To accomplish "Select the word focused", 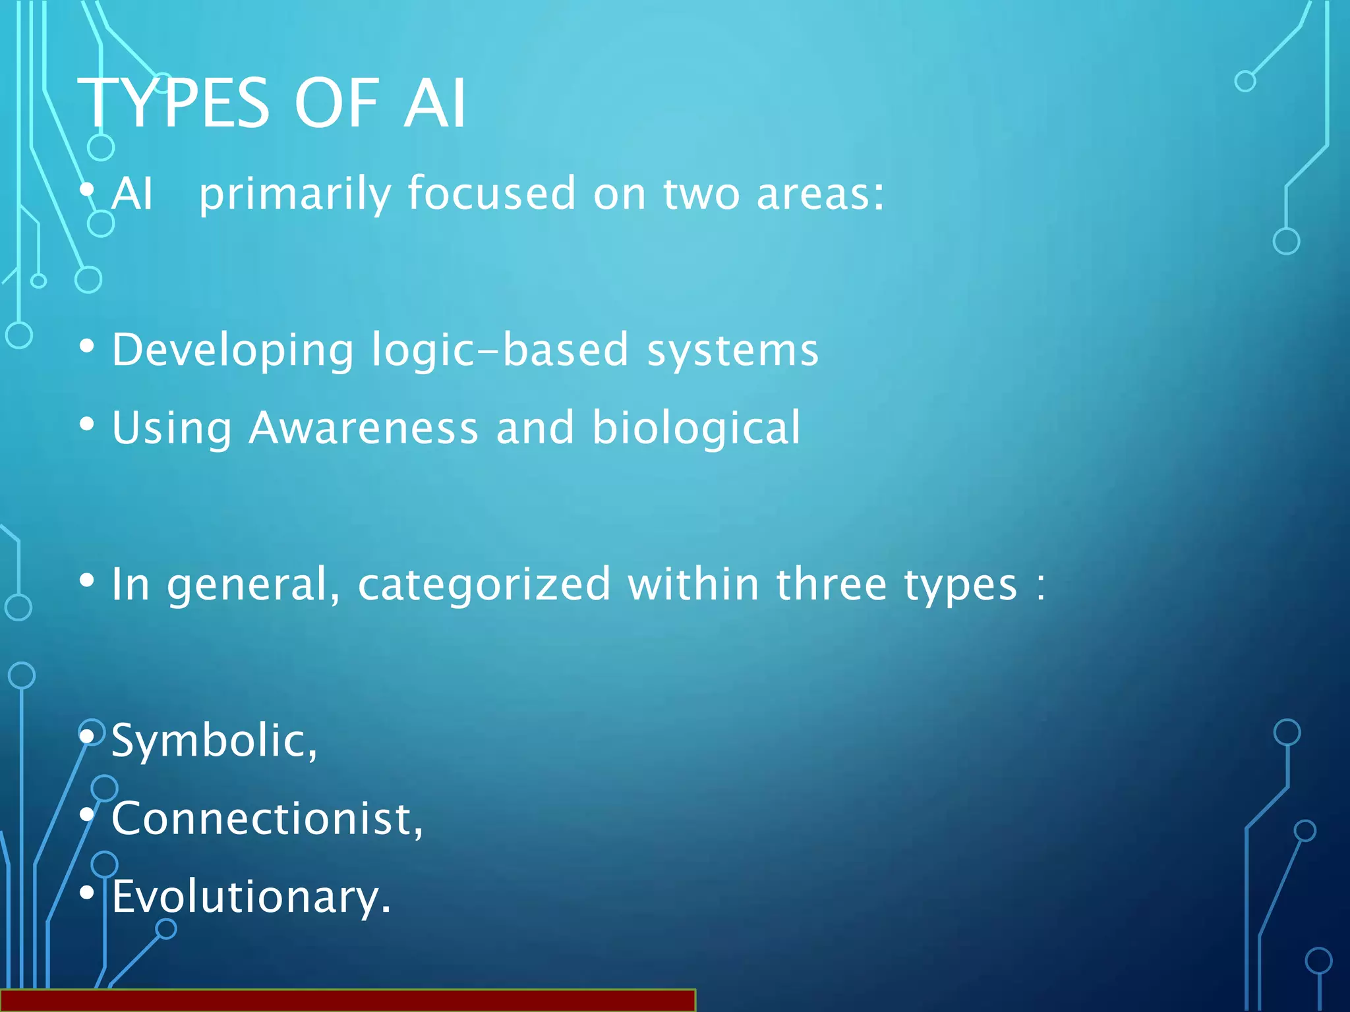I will pos(492,194).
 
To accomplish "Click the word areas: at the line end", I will pos(820,194).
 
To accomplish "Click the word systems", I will pos(732,350).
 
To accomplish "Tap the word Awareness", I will pos(363,428).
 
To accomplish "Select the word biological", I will pos(696,428).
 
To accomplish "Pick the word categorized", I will pos(484,584).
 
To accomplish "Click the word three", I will pos(831,584).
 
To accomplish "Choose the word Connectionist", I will pos(267,819).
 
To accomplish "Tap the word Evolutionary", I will pos(251,897).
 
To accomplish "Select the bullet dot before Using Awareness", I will pos(87,424).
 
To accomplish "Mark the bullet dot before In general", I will pos(87,580).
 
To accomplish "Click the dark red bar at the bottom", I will pos(347,1000).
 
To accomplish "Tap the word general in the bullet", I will pos(254,584).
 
